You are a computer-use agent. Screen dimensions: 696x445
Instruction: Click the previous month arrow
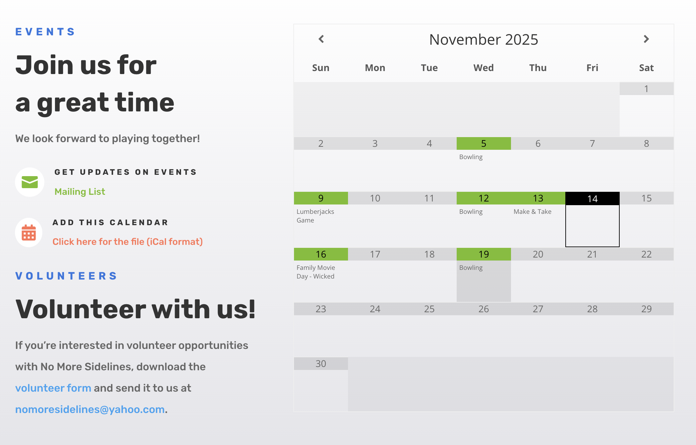click(x=321, y=39)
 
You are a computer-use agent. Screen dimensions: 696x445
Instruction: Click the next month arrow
click(x=646, y=39)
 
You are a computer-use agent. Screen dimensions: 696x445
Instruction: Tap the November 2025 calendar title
click(x=483, y=39)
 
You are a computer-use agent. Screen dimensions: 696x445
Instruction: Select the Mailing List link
click(x=80, y=191)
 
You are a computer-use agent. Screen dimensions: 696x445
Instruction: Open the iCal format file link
click(x=128, y=242)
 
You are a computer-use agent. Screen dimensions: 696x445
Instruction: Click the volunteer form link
click(x=53, y=388)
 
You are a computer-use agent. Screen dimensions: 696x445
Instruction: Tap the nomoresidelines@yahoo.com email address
click(x=90, y=409)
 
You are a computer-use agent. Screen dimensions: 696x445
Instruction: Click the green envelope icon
click(x=30, y=182)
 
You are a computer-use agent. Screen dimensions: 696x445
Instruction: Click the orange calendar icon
click(x=29, y=233)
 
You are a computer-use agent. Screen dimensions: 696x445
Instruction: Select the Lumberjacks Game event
click(x=315, y=216)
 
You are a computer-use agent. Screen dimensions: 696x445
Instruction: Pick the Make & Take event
click(x=532, y=211)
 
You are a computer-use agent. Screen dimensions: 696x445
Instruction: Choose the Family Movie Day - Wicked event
click(x=316, y=272)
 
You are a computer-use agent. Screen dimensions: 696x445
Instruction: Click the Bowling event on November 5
click(x=471, y=157)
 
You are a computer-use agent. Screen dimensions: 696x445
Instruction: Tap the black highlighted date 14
click(x=592, y=199)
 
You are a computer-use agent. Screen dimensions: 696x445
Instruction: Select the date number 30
click(x=321, y=364)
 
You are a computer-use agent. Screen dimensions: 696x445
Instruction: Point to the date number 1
click(x=646, y=89)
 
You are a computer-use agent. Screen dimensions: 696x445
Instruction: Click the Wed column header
click(x=483, y=68)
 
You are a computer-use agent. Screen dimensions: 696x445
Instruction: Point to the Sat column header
click(x=646, y=68)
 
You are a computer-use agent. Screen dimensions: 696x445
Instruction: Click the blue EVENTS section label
click(x=45, y=32)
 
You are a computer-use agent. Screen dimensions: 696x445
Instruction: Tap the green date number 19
click(x=484, y=254)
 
